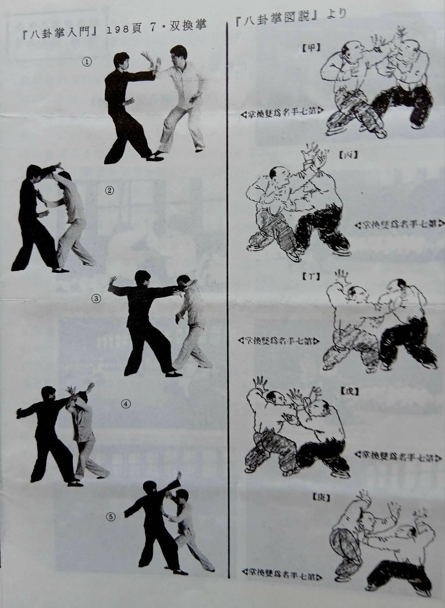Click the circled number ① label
tap(87, 63)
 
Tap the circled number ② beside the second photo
tap(109, 190)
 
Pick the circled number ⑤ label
tap(111, 517)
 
